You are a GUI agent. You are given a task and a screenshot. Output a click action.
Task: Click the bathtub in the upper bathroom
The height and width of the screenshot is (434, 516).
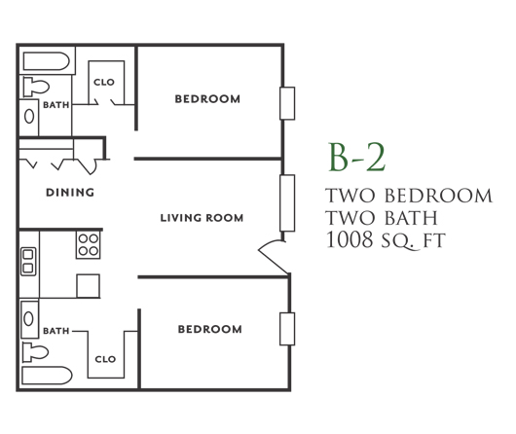point(47,61)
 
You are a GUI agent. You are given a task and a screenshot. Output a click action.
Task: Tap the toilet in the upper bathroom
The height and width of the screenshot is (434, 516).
point(36,87)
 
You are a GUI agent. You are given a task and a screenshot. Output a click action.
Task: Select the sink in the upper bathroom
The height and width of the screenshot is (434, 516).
point(29,116)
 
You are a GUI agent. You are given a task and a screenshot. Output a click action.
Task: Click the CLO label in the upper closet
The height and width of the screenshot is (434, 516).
point(104,82)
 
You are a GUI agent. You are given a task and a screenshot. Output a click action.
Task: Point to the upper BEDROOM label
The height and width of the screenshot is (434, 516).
point(207,98)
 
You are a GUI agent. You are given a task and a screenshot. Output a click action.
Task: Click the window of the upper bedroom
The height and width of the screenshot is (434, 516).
point(287,103)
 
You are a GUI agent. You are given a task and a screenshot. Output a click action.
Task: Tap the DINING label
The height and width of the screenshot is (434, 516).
point(70,192)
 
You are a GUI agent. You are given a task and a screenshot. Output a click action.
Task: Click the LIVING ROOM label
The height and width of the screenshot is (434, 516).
point(202,218)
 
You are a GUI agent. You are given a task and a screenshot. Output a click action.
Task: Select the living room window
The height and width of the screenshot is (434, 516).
point(287,203)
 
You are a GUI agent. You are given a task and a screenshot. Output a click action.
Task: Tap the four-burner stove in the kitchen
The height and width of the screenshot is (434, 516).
point(89,245)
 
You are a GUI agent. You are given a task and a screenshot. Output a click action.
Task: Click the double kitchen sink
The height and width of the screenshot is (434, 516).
point(28,262)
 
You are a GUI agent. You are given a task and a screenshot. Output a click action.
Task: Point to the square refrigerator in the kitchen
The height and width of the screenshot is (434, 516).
point(89,286)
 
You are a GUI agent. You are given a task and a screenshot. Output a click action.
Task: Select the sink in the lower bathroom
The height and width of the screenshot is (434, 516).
point(28,318)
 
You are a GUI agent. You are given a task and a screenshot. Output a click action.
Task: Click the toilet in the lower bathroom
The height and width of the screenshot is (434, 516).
point(35,352)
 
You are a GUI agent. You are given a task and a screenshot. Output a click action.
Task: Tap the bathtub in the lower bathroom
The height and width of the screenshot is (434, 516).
point(47,376)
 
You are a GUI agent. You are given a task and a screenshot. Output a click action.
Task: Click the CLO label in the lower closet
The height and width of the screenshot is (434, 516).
point(105,359)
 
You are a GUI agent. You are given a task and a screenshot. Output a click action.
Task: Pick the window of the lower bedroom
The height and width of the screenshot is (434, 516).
point(287,329)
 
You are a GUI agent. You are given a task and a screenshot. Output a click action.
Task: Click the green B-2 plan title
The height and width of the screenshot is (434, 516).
point(356,158)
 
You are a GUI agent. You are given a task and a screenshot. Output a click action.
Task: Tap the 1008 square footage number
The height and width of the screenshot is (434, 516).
point(350,239)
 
